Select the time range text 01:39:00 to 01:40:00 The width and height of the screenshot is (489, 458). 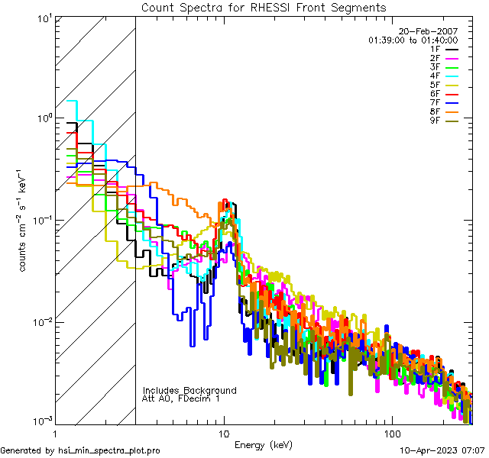pos(413,40)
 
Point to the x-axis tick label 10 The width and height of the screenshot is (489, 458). pos(224,433)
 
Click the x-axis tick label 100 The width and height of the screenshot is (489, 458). pos(391,433)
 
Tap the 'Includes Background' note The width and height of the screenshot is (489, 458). pos(189,390)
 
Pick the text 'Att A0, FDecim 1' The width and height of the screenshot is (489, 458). pos(181,398)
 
